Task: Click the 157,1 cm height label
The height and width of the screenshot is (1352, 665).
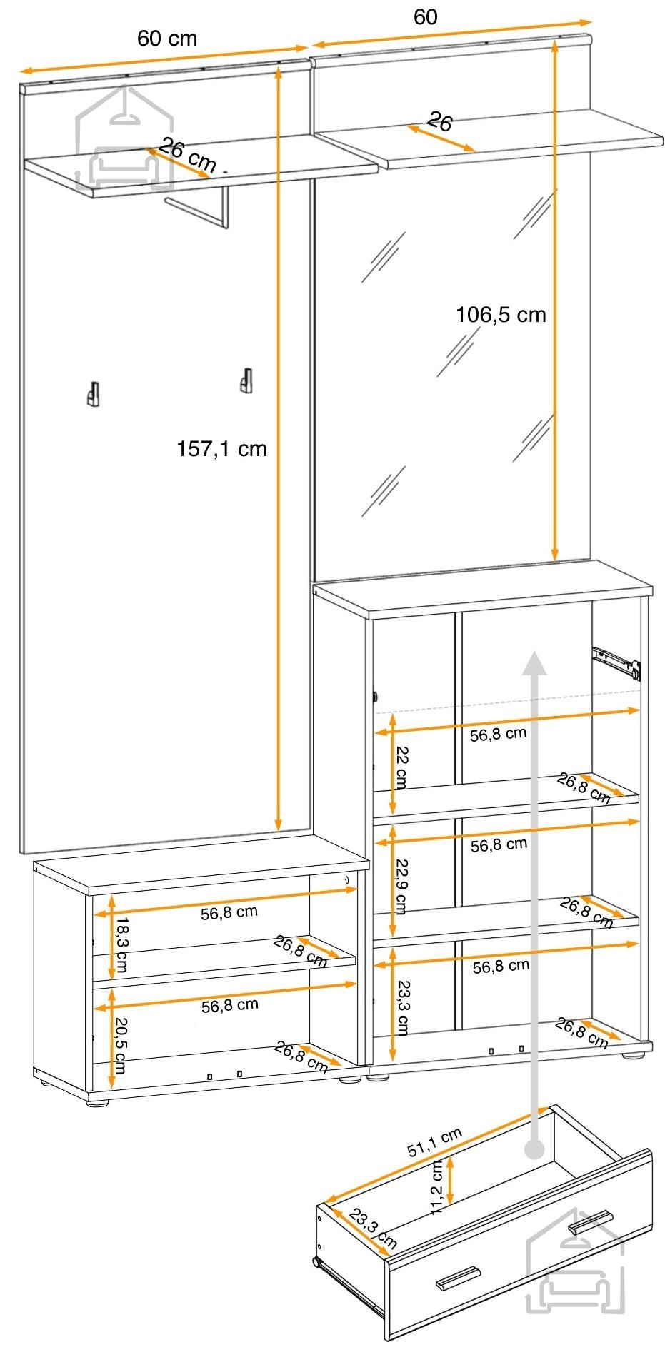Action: (221, 449)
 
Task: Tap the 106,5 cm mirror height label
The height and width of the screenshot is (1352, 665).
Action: (501, 315)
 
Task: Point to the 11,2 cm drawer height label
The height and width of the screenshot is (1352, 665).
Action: (438, 1186)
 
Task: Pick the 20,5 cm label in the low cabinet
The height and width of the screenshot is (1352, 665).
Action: (120, 1045)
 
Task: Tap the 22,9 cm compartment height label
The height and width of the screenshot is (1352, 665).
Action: (401, 887)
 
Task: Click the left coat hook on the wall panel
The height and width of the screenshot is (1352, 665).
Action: (93, 394)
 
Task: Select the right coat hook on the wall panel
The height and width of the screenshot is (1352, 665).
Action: (246, 380)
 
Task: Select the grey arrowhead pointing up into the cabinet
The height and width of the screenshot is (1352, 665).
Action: (534, 663)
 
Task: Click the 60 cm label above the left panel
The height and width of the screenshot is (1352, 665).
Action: (167, 39)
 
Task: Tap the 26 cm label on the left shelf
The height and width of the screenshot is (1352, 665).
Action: (187, 155)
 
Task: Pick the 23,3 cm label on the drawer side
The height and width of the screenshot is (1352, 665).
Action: (373, 1229)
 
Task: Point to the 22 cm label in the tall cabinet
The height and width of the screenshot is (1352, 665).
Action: (401, 767)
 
